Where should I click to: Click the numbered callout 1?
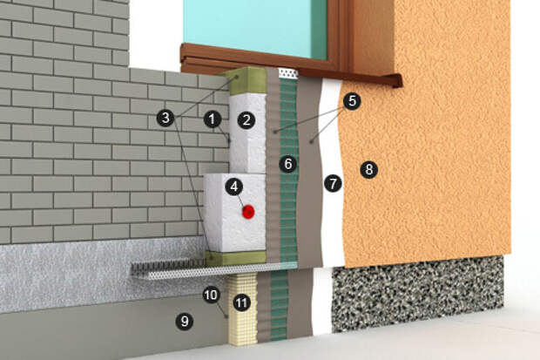click(213, 119)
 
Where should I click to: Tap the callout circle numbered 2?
click(246, 120)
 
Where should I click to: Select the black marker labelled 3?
click(165, 118)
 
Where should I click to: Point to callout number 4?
click(234, 187)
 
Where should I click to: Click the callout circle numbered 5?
click(352, 101)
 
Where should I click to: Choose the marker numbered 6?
click(288, 164)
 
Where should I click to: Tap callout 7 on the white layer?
click(333, 183)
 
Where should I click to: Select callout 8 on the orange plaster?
click(368, 169)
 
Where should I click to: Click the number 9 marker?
click(185, 322)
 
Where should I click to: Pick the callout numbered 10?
click(211, 295)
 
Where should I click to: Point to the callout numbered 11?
click(241, 302)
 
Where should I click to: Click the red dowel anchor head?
click(248, 212)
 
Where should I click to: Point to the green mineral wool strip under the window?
click(245, 81)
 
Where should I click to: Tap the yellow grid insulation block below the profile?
click(243, 309)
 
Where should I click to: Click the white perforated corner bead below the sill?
click(288, 73)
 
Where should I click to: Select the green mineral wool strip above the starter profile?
click(235, 258)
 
